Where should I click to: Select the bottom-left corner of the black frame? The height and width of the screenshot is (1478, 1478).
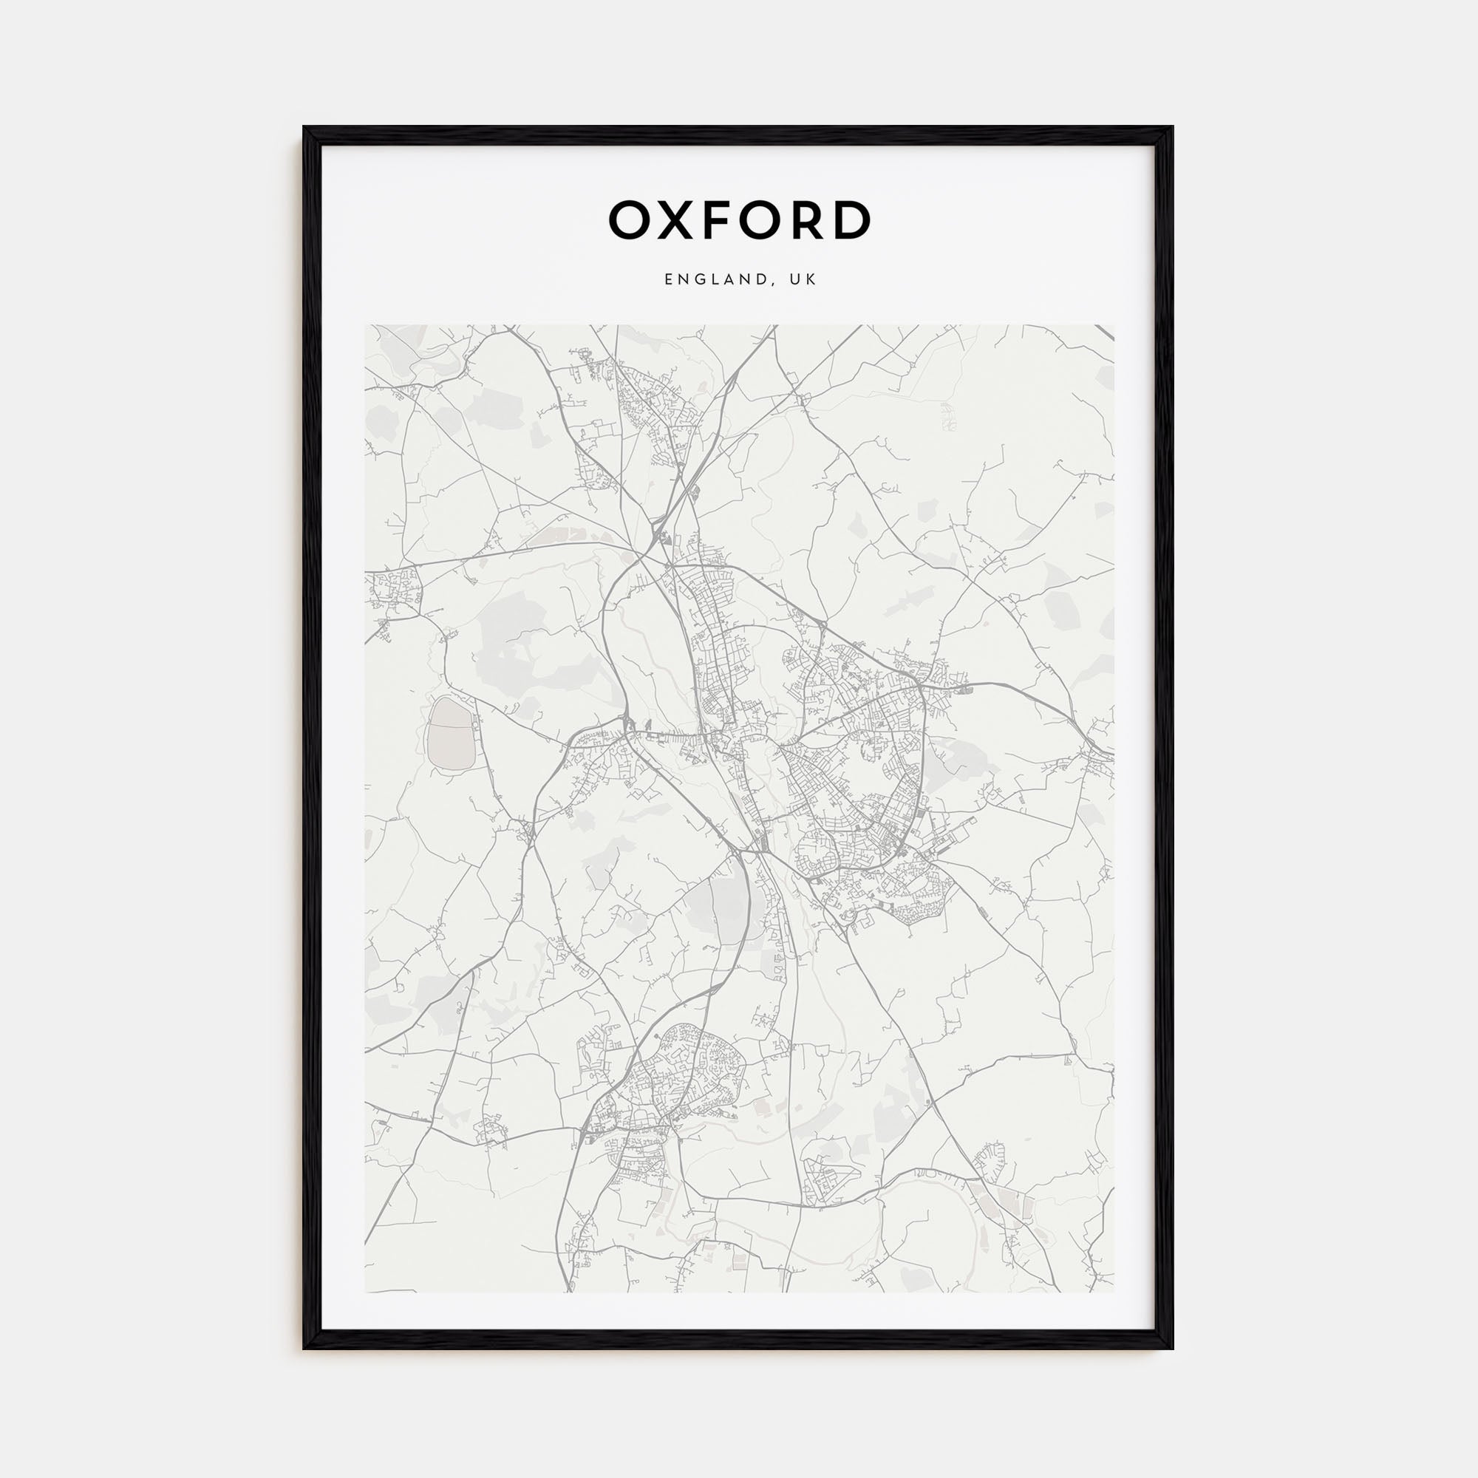tap(304, 1348)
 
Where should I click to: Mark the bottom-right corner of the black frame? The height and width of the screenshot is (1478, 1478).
tap(1172, 1348)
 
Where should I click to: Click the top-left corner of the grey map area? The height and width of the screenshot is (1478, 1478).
tap(365, 325)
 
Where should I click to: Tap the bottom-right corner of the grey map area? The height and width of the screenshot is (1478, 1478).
tap(1114, 1293)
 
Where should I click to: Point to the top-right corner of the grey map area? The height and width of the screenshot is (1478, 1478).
tap(1114, 325)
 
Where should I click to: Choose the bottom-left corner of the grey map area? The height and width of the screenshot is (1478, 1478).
tap(365, 1293)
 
